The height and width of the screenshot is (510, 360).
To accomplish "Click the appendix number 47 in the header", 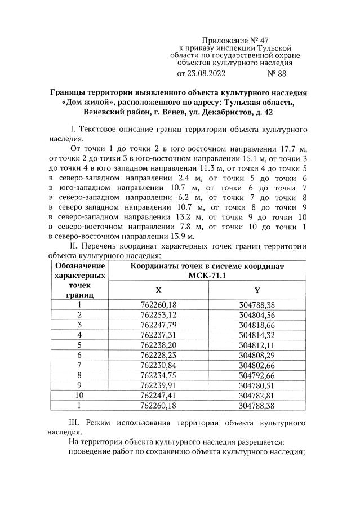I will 263,41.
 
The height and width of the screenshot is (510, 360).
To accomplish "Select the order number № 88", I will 279,73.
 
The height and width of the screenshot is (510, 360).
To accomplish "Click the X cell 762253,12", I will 158,314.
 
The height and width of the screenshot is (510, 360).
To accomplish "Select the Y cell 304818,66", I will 257,325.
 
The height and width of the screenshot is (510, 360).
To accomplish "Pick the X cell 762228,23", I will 158,354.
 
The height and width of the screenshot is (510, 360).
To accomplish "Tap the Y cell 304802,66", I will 257,365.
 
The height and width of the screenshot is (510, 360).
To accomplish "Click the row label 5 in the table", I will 79,345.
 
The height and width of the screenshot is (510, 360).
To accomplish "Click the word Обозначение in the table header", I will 79,265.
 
